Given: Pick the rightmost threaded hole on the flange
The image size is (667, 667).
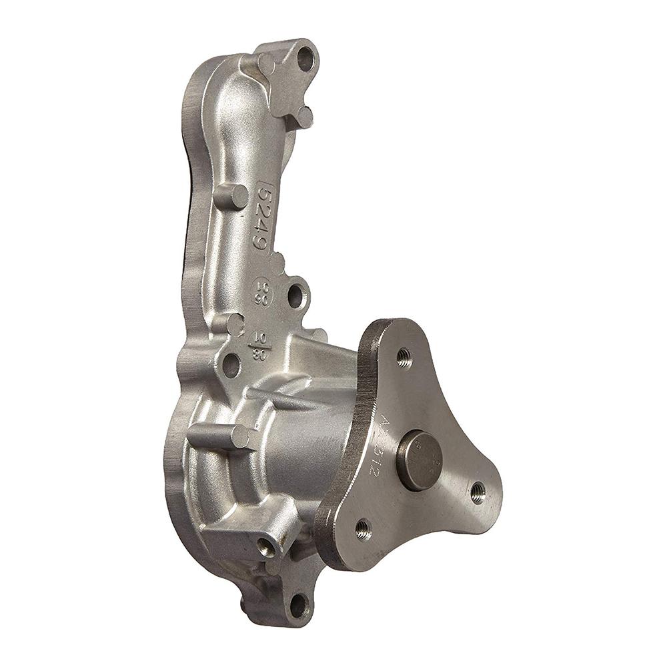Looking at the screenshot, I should point(478,492).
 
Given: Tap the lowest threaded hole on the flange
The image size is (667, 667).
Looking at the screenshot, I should point(362,529).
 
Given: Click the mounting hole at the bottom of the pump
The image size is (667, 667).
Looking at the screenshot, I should point(298,606).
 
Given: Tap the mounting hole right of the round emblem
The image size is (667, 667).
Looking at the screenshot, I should point(295,295).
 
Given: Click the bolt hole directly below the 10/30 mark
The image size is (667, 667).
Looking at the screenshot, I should point(231,365).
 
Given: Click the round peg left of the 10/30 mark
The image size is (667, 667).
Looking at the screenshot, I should point(232,324).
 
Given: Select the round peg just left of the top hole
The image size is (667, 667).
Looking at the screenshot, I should point(265,65).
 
